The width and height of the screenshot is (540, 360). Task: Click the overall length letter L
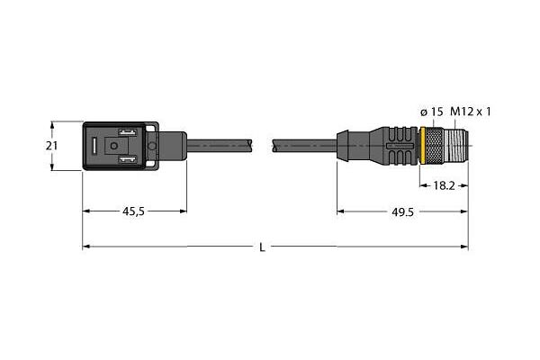(x=262, y=247)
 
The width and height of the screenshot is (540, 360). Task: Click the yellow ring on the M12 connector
(x=422, y=146)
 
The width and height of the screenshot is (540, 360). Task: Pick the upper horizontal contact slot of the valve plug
(x=128, y=132)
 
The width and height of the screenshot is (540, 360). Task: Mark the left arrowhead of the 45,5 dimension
(x=86, y=211)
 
